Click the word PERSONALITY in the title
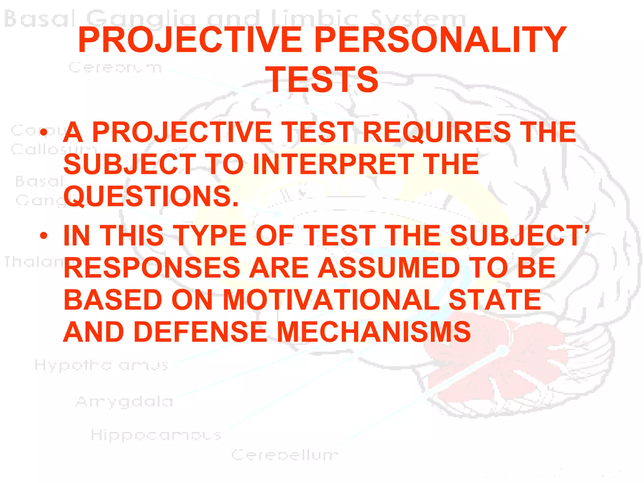(440, 40)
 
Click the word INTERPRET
(334, 164)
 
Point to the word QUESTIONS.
(151, 197)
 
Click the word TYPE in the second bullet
(210, 236)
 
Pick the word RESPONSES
(152, 268)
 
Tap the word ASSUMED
(389, 268)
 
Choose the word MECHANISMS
(374, 332)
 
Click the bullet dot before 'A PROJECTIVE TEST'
(44, 132)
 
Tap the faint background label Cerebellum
(285, 455)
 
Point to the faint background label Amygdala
(125, 402)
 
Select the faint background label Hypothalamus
(101, 366)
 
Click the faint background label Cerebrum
(115, 67)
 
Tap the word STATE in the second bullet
(495, 300)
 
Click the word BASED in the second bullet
(113, 300)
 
